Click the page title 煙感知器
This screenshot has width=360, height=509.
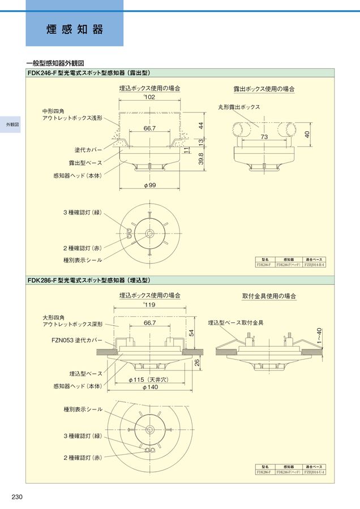(x=75, y=29)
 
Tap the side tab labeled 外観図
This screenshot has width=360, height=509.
(x=10, y=124)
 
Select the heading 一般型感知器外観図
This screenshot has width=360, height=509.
(x=55, y=63)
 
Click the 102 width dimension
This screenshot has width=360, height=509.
(x=149, y=98)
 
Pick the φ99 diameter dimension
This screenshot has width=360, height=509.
(x=149, y=186)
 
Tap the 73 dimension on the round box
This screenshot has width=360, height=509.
(x=264, y=137)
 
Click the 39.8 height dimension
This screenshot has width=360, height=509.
(x=200, y=160)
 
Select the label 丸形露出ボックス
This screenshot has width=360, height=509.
(x=239, y=107)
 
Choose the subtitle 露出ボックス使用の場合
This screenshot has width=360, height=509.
(x=264, y=89)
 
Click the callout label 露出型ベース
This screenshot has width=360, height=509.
(x=85, y=163)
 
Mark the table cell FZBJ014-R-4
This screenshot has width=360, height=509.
(x=315, y=264)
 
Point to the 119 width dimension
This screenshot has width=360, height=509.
(x=149, y=305)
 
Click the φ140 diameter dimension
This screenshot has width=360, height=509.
(x=150, y=387)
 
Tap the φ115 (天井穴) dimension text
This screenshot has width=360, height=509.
(x=149, y=379)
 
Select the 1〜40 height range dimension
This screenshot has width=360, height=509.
(x=320, y=337)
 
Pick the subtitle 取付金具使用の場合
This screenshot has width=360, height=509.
(x=269, y=296)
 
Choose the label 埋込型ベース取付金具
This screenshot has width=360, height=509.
(x=235, y=322)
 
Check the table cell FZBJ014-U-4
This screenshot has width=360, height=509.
(x=315, y=472)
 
